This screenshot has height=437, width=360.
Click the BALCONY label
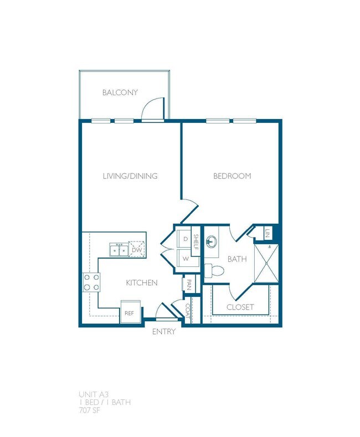[120, 92]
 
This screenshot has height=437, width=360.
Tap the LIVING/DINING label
[130, 176]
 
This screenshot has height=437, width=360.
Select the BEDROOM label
[233, 176]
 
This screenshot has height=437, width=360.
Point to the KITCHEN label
[142, 283]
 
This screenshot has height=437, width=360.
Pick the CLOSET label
[240, 307]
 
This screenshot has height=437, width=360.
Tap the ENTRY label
[164, 332]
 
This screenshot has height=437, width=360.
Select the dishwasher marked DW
[137, 250]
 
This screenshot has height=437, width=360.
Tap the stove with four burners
[91, 282]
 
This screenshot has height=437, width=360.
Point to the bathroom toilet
[215, 271]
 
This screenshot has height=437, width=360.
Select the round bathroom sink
[213, 241]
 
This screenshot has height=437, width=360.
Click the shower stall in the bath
[266, 263]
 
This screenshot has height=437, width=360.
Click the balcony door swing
[152, 109]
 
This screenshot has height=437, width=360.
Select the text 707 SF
[92, 410]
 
